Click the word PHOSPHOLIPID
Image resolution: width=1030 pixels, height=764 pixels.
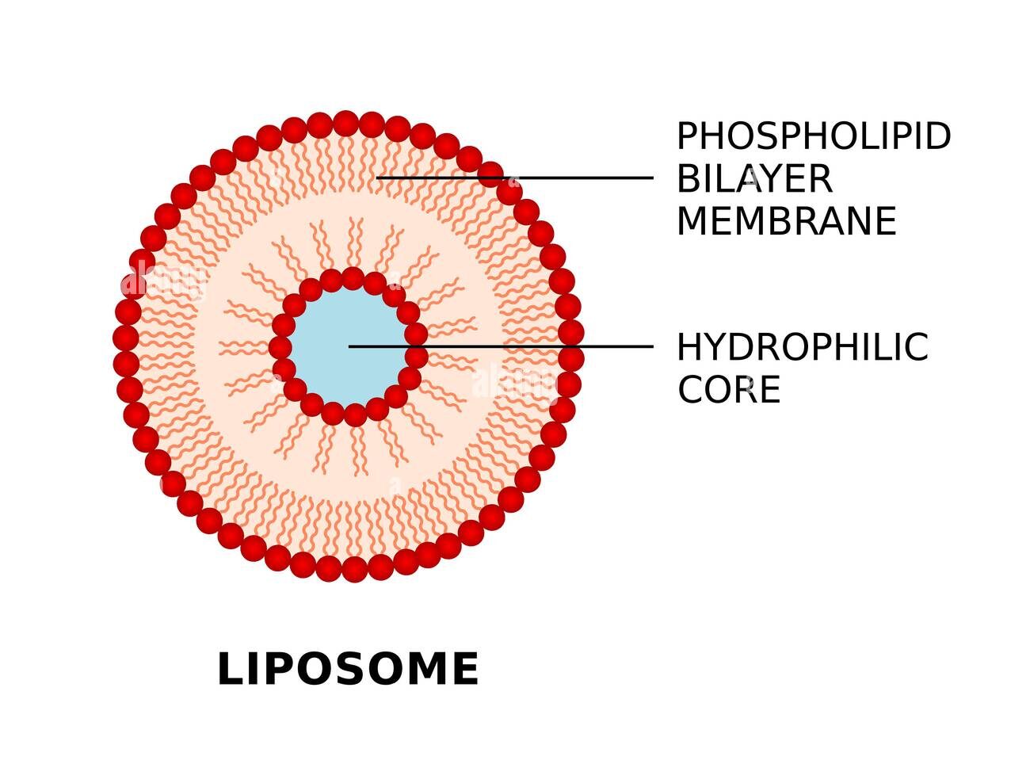click(x=814, y=136)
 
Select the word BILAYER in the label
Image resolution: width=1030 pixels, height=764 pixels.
click(x=754, y=179)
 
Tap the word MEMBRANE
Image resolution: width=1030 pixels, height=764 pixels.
click(x=787, y=221)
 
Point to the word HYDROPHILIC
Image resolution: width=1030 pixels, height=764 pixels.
click(x=803, y=347)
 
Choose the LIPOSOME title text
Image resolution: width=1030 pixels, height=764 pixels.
click(x=349, y=669)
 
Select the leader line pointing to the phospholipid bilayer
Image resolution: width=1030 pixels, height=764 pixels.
click(x=514, y=178)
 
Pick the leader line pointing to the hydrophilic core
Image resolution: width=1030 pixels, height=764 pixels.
click(x=501, y=346)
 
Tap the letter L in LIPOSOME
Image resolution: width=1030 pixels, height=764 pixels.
click(x=230, y=669)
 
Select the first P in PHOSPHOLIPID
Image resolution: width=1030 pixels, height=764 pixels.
click(x=688, y=136)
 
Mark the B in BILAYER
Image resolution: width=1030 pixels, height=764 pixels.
click(x=689, y=179)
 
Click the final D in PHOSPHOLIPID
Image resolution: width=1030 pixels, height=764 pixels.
click(x=937, y=136)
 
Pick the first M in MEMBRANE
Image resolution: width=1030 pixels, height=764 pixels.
click(x=692, y=221)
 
